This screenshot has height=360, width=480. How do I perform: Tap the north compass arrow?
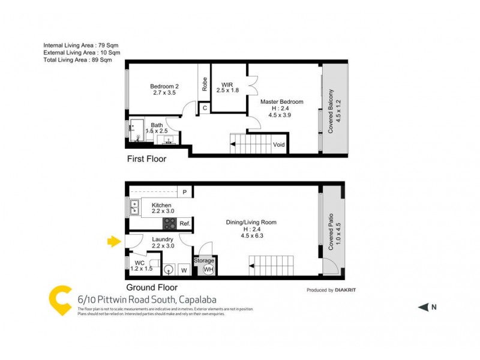click(x=422, y=307)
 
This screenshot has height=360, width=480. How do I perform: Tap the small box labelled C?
click(x=205, y=108)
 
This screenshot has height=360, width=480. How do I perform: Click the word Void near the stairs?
click(x=279, y=145)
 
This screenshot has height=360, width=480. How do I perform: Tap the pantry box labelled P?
click(x=185, y=193)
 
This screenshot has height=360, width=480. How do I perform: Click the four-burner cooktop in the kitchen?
click(x=170, y=224)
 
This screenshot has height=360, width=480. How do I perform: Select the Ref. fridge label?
click(x=185, y=224)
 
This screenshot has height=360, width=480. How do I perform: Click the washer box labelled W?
click(x=184, y=270)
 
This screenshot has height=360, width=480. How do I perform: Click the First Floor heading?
click(x=146, y=160)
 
